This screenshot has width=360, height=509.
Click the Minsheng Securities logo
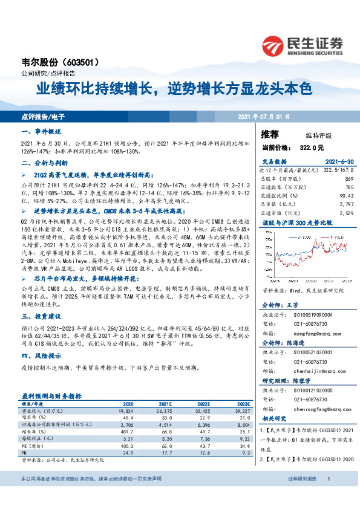click(x=302, y=45)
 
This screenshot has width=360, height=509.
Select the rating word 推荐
click(x=269, y=134)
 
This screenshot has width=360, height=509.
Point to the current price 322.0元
click(x=312, y=147)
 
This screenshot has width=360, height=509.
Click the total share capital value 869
click(x=349, y=180)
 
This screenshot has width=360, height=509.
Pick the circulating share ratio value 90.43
click(x=345, y=196)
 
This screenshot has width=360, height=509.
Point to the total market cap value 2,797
click(x=345, y=204)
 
